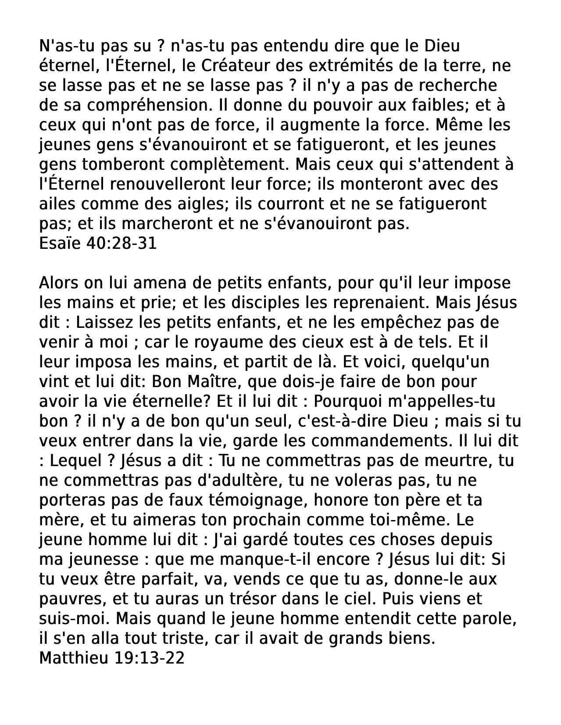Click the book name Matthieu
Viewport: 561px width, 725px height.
(x=73, y=658)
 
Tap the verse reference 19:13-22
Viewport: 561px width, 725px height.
(x=149, y=658)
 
